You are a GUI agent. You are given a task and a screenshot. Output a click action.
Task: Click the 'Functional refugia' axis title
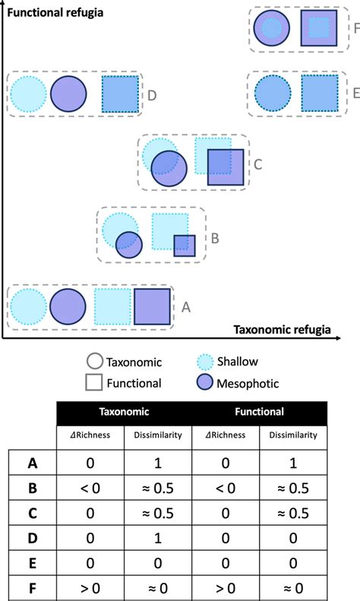[x=52, y=13]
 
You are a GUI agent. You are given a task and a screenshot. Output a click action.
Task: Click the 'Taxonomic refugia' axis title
[x=282, y=330]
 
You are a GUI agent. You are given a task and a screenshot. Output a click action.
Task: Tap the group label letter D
[x=152, y=95]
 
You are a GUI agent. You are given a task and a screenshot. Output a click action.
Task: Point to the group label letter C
[x=257, y=163]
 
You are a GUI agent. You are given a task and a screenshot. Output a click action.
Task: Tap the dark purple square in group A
[x=152, y=307]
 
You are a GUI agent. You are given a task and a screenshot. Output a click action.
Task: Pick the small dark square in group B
[x=184, y=245]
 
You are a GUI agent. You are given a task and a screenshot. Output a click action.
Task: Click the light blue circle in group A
[x=29, y=308]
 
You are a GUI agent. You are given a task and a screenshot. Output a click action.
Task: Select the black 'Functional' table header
[x=260, y=412]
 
